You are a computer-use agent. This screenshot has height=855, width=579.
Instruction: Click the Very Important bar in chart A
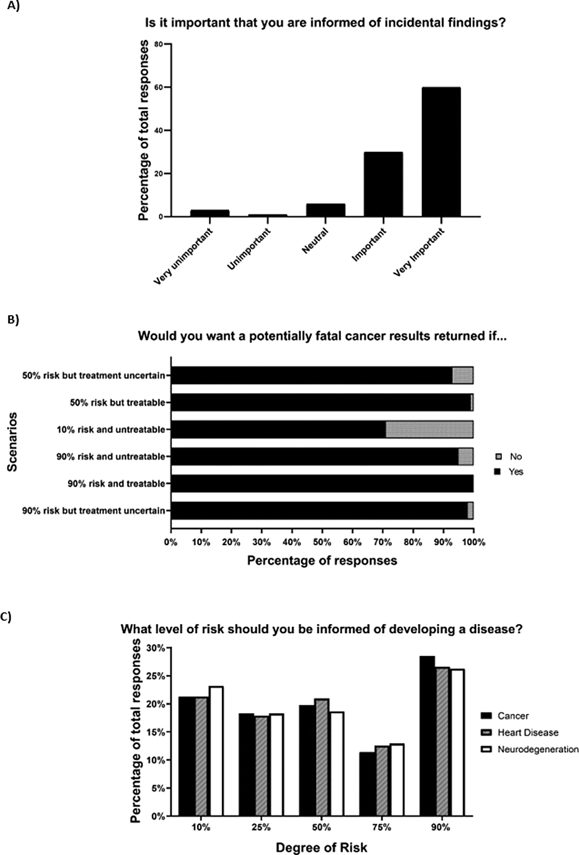pyautogui.click(x=441, y=152)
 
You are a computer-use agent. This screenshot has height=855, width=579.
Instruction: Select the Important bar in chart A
pyautogui.click(x=383, y=184)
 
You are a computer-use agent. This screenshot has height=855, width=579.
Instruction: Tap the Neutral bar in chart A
pyautogui.click(x=325, y=210)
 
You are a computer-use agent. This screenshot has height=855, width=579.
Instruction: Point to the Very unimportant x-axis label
pyautogui.click(x=184, y=257)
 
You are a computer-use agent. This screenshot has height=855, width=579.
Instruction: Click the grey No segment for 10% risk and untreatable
pyautogui.click(x=429, y=429)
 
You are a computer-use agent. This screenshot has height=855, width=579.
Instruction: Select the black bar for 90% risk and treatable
pyautogui.click(x=322, y=484)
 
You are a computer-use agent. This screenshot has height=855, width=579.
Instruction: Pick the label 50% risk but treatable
pyautogui.click(x=118, y=402)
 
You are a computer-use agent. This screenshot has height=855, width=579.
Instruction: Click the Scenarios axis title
pyautogui.click(x=13, y=442)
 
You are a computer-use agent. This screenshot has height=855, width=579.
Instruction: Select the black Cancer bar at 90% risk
pyautogui.click(x=427, y=736)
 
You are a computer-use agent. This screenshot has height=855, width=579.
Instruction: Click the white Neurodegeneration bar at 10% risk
pyautogui.click(x=216, y=752)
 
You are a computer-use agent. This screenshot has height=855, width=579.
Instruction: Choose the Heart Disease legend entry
pyautogui.click(x=519, y=732)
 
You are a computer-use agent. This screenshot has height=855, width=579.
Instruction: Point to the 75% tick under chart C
pyautogui.click(x=381, y=827)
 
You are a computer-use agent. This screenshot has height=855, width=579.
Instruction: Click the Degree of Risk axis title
pyautogui.click(x=322, y=848)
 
